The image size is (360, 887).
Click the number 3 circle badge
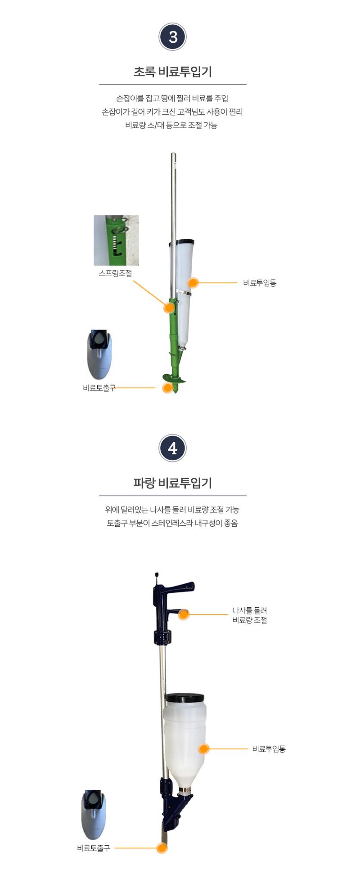tap(173, 37)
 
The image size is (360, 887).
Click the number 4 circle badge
tap(173, 448)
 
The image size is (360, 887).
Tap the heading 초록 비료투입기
tap(173, 72)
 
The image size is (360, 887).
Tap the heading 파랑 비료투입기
tap(173, 483)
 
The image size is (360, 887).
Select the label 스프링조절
tap(115, 273)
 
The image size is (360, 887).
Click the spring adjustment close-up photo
tap(116, 240)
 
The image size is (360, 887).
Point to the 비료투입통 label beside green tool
tap(260, 283)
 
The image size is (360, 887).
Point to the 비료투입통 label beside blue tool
tap(269, 749)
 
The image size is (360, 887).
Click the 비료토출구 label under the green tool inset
tap(99, 388)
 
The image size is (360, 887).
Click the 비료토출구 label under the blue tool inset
tap(93, 848)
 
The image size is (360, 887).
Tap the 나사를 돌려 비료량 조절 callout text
tap(250, 615)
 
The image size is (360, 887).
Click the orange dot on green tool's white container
tap(193, 283)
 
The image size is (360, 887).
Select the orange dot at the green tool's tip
tap(167, 388)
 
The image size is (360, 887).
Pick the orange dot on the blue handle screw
tap(184, 614)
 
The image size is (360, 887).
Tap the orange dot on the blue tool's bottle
tap(204, 749)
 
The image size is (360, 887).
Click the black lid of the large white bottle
tap(185, 698)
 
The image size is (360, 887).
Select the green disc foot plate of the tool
tap(173, 379)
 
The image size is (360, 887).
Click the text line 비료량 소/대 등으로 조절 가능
tap(171, 125)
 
